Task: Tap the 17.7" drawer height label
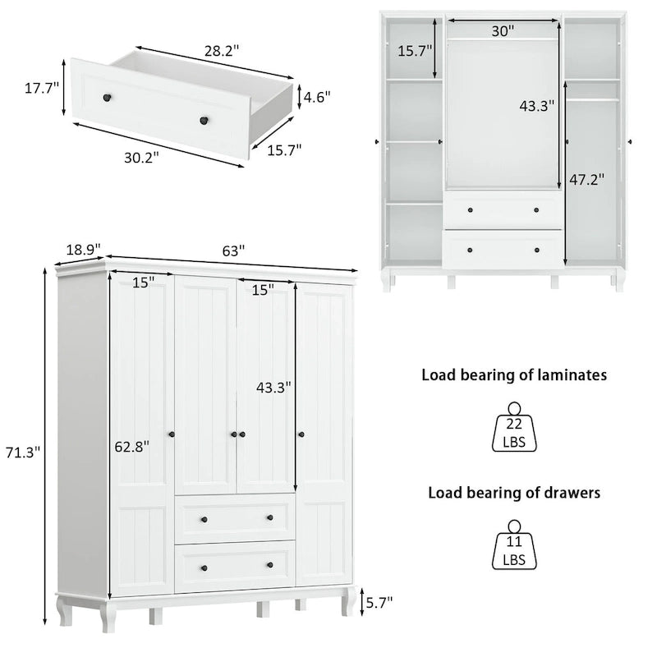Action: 42,89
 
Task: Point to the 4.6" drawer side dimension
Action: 316,96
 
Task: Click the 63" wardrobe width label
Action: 232,252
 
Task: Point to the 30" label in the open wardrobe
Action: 503,30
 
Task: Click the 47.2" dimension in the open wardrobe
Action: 587,180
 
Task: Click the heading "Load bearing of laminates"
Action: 514,375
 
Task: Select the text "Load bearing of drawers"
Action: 514,493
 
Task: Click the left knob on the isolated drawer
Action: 106,99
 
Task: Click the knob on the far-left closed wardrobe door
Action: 173,434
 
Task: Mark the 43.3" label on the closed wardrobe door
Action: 274,387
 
